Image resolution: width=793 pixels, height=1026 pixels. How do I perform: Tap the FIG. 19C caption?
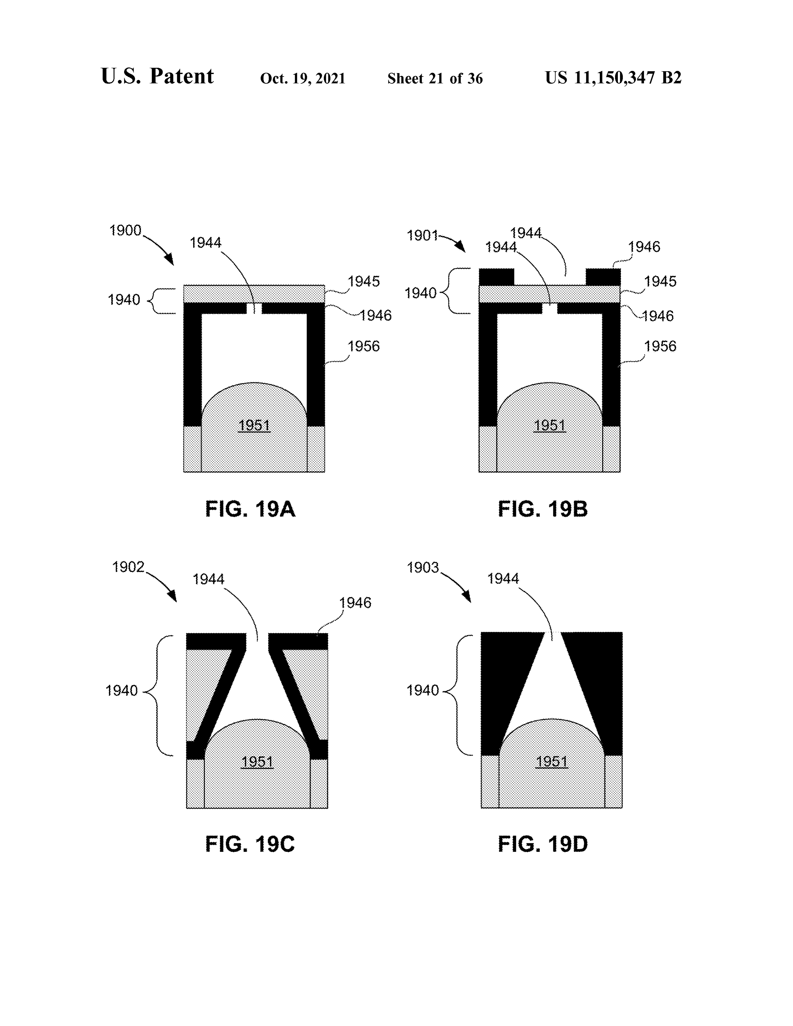pos(250,844)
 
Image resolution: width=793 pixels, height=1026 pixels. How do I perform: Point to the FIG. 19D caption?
pos(543,844)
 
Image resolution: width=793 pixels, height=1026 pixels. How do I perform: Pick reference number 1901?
pos(422,235)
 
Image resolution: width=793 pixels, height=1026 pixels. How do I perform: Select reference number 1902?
pos(128,567)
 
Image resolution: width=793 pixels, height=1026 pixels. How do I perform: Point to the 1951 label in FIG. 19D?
pos(552,761)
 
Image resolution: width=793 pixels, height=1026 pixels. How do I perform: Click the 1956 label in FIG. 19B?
pos(660,346)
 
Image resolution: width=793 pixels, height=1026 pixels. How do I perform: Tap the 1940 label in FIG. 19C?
pos(121,691)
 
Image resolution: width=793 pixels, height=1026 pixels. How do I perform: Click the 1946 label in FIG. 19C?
pos(355,603)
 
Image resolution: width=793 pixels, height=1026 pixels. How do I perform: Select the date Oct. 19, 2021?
pos(303,78)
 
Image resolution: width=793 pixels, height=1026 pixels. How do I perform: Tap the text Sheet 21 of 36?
pos(435,78)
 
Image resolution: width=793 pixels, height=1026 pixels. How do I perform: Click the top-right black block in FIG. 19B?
pos(603,277)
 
